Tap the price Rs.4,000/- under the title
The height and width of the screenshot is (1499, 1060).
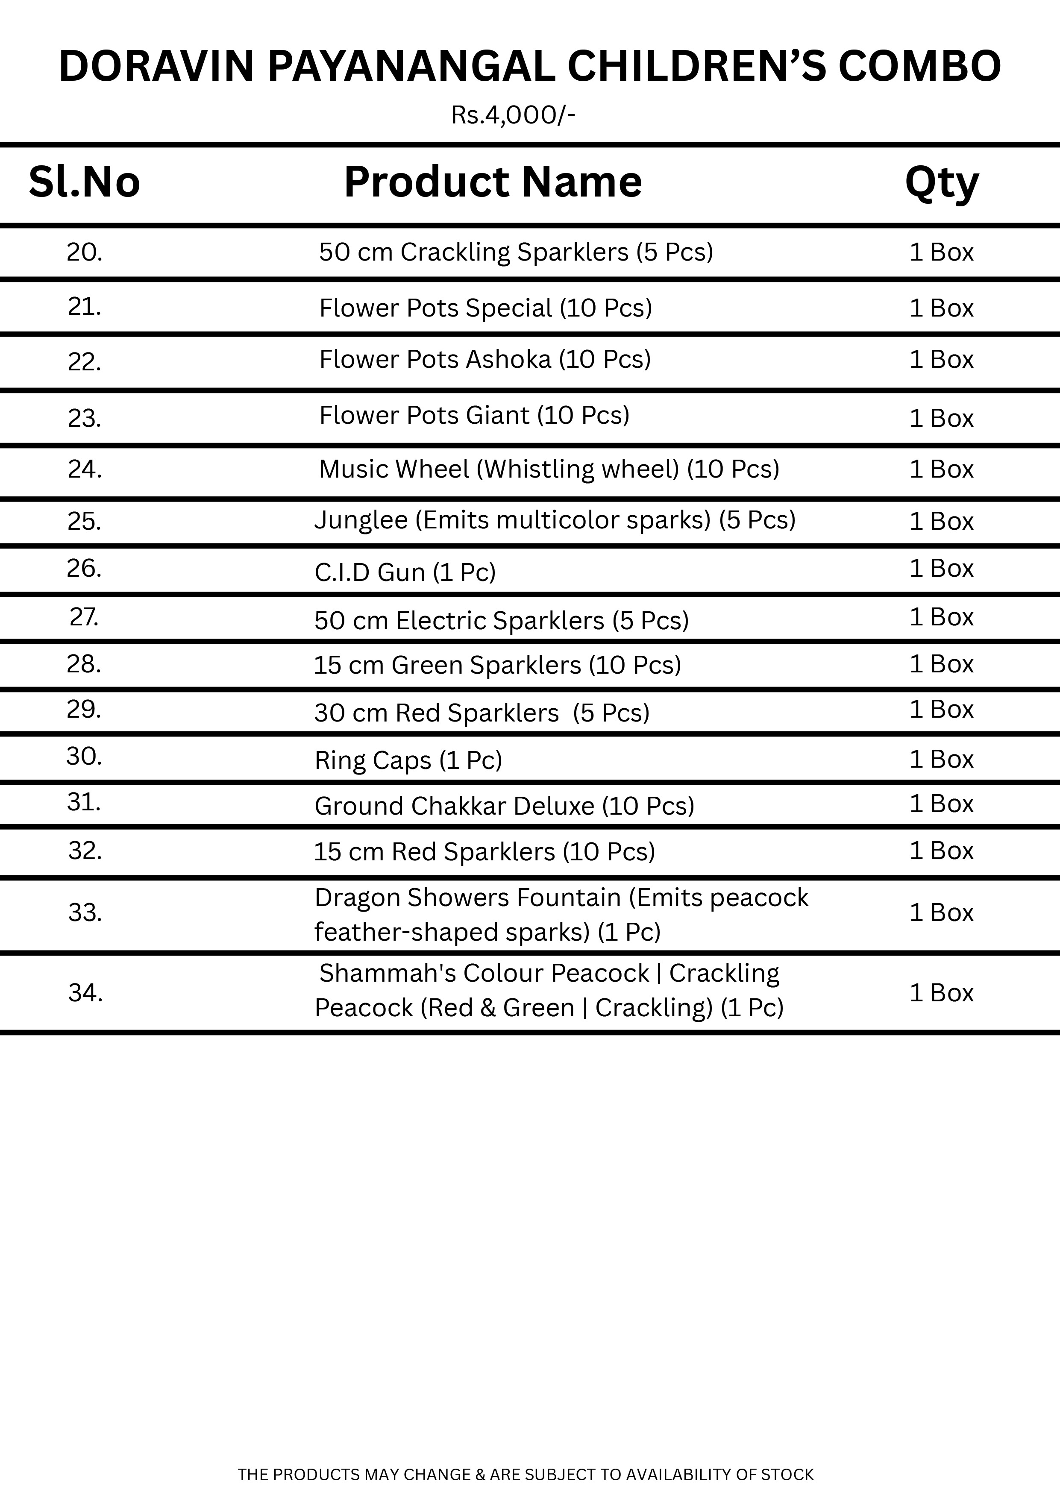click(513, 116)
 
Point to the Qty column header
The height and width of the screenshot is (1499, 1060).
click(941, 183)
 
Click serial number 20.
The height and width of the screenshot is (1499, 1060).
click(84, 252)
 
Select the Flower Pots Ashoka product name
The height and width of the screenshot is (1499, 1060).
click(484, 360)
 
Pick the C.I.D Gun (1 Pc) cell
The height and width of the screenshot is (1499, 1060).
click(405, 572)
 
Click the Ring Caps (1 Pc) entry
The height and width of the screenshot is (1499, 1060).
click(408, 760)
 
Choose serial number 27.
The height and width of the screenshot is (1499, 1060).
click(84, 617)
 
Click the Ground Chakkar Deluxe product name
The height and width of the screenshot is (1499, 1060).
click(504, 806)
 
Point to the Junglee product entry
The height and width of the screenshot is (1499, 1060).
click(555, 520)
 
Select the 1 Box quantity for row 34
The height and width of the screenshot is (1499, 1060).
click(941, 993)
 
